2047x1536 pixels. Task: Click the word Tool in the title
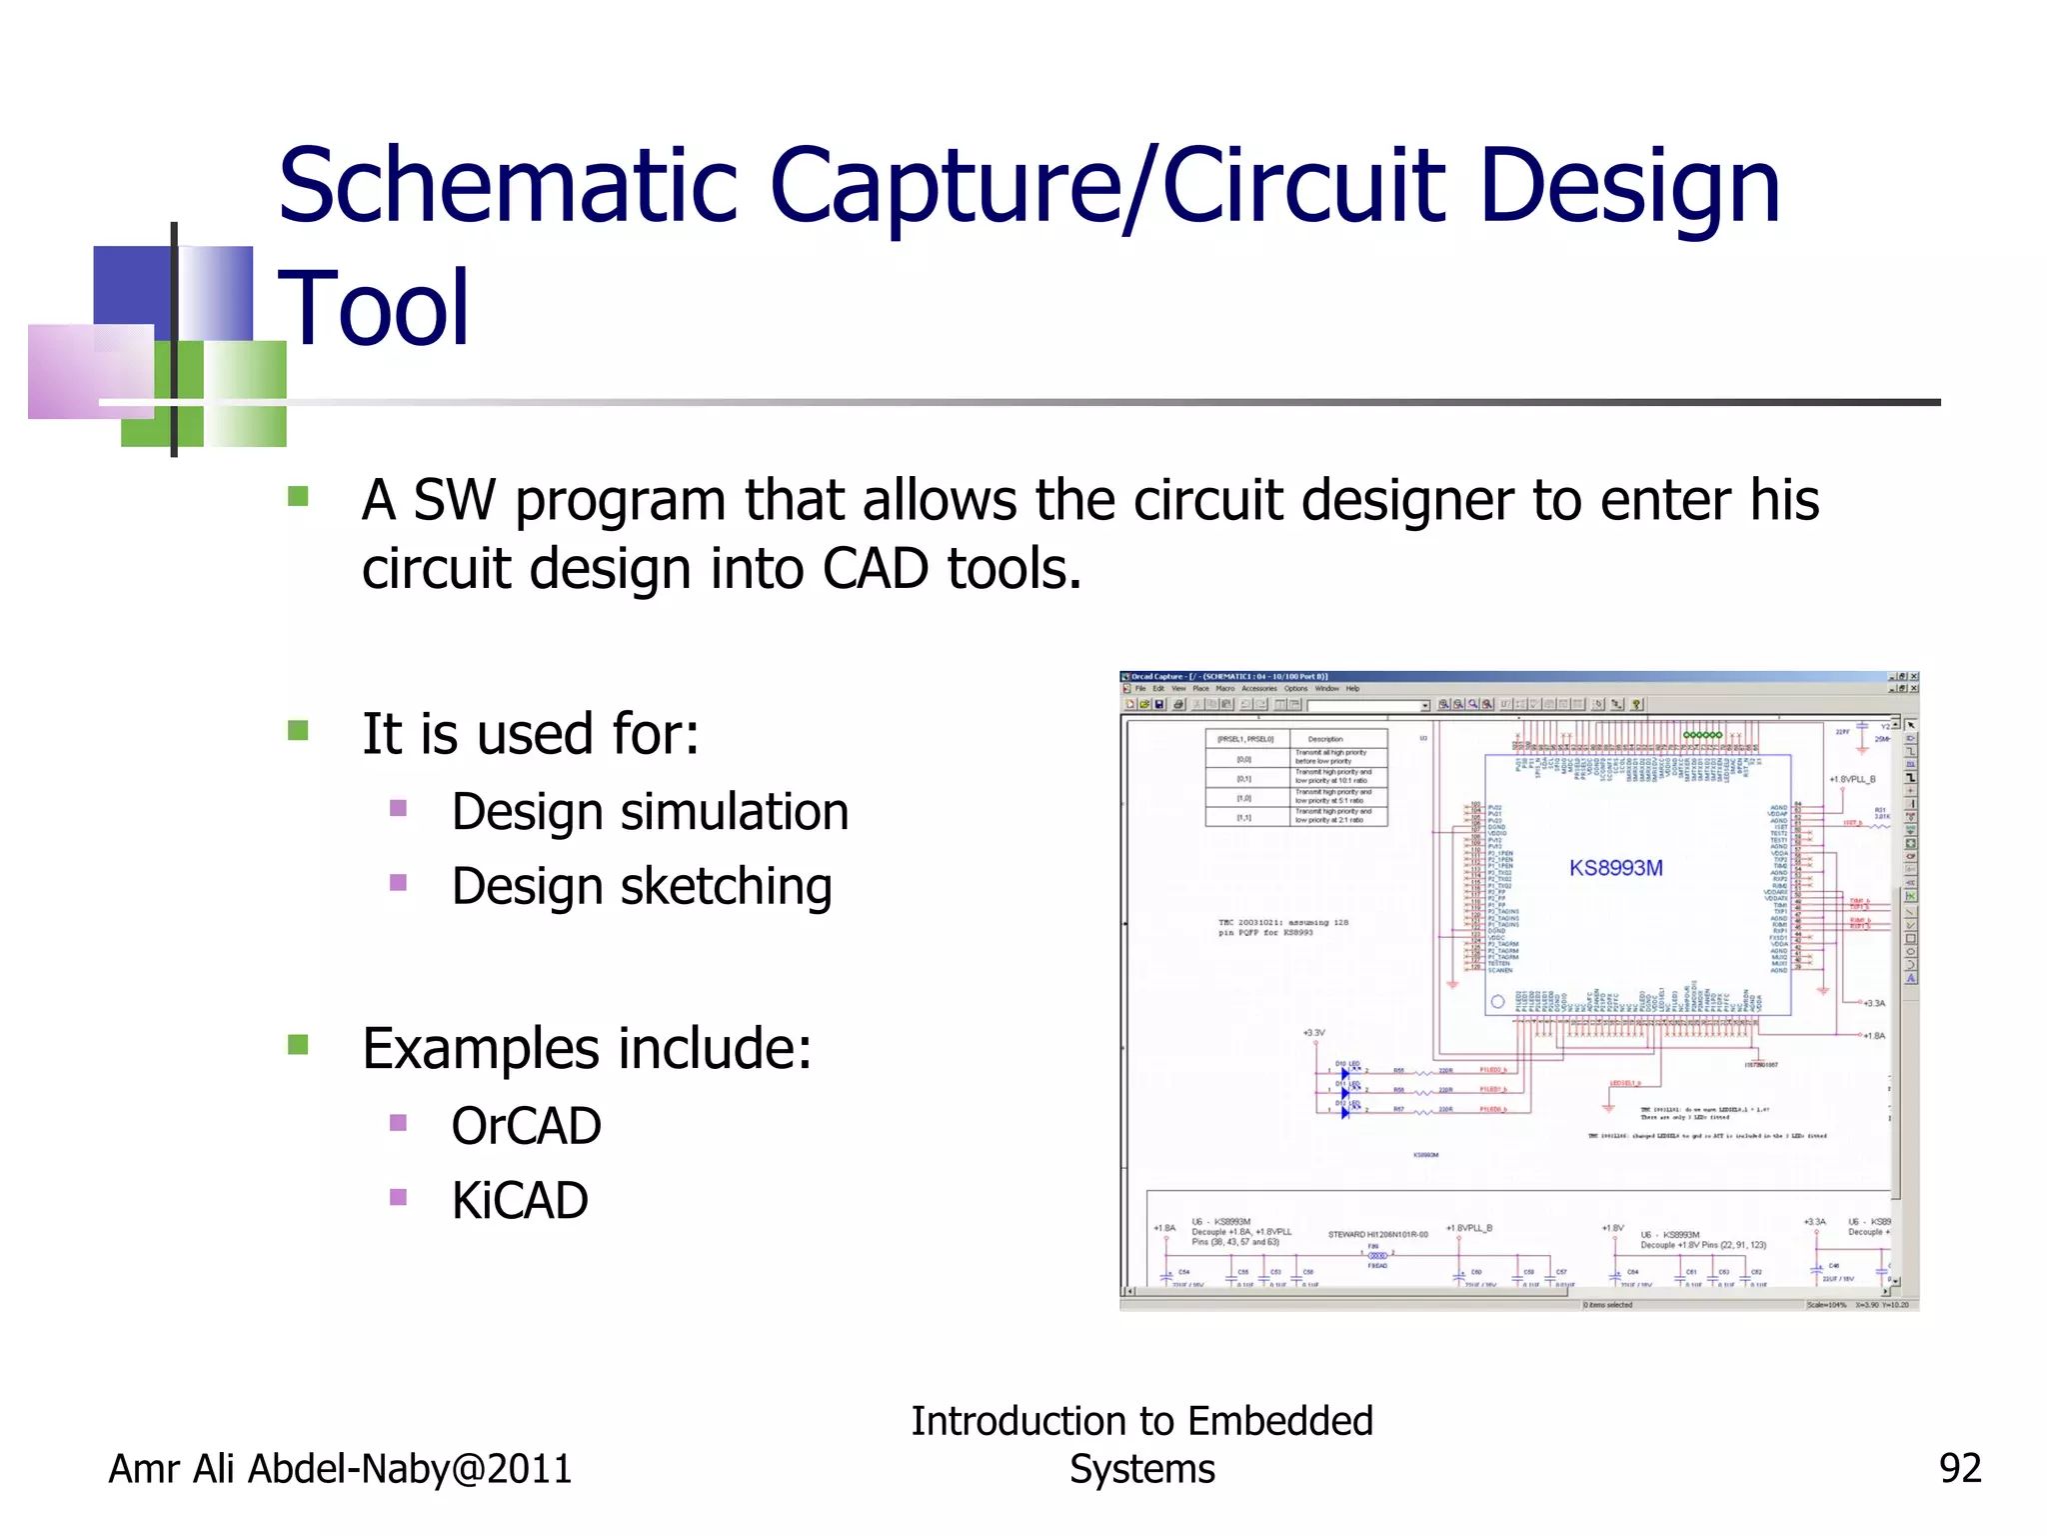pos(373,309)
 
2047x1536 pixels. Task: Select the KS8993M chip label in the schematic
pos(1615,868)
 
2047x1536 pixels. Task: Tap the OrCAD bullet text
pos(526,1127)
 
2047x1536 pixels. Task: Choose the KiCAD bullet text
pos(520,1201)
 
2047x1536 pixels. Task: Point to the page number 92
pos(1959,1469)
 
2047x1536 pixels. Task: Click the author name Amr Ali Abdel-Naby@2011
pos(340,1469)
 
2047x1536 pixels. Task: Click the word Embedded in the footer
pos(1279,1421)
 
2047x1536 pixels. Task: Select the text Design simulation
pos(650,812)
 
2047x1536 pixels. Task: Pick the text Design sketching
pos(642,887)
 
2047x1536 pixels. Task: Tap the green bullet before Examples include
pos(298,1046)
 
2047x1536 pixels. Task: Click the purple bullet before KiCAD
pos(399,1197)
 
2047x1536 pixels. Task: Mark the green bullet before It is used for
pos(298,731)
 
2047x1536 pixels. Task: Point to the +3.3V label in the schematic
pos(1313,1033)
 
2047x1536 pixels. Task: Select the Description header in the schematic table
pos(1325,739)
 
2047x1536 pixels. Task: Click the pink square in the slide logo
pos(90,370)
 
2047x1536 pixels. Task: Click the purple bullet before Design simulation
pos(399,808)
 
